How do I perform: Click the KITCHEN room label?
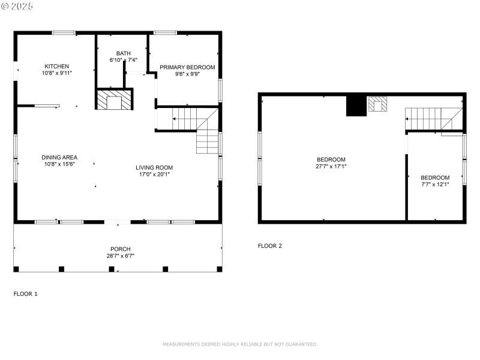pyautogui.click(x=56, y=66)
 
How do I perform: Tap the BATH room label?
pyautogui.click(x=124, y=53)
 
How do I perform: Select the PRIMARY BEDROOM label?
pyautogui.click(x=187, y=67)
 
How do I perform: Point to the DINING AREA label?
pyautogui.click(x=59, y=157)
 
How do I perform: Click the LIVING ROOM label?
pyautogui.click(x=156, y=167)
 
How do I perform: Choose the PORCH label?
pyautogui.click(x=120, y=249)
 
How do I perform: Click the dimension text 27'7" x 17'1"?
pyautogui.click(x=331, y=166)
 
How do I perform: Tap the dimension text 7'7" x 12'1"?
pyautogui.click(x=435, y=184)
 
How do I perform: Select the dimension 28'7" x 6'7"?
pyautogui.click(x=120, y=256)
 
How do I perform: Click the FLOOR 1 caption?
pyautogui.click(x=26, y=294)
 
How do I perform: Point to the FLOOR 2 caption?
pyautogui.click(x=270, y=245)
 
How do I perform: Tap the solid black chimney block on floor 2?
pyautogui.click(x=355, y=106)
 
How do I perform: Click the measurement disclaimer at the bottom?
pyautogui.click(x=240, y=344)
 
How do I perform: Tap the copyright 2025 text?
pyautogui.click(x=17, y=5)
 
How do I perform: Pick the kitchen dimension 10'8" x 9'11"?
pyautogui.click(x=56, y=73)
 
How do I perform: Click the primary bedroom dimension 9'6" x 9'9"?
pyautogui.click(x=187, y=74)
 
